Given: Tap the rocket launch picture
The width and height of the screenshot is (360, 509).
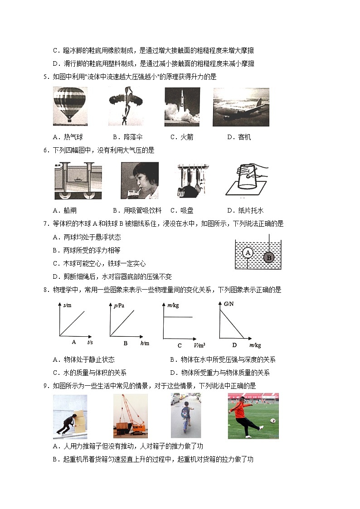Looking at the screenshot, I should pyautogui.click(x=182, y=106).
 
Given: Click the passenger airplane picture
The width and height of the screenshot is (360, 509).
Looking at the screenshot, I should pyautogui.click(x=241, y=107).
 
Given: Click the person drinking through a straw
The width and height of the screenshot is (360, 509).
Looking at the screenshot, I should pyautogui.click(x=140, y=180).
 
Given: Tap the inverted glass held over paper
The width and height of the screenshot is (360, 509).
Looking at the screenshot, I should pyautogui.click(x=247, y=180).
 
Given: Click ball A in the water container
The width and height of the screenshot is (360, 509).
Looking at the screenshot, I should pyautogui.click(x=248, y=253).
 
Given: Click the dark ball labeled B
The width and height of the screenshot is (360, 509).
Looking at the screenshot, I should pyautogui.click(x=268, y=257).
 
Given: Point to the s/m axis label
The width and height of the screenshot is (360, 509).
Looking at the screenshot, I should pyautogui.click(x=68, y=305).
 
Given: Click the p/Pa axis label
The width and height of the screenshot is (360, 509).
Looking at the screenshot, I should pyautogui.click(x=119, y=306).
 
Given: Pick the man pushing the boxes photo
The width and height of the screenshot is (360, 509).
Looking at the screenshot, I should pyautogui.click(x=70, y=417).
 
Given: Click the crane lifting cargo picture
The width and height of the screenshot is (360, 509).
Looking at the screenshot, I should pyautogui.click(x=130, y=416).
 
